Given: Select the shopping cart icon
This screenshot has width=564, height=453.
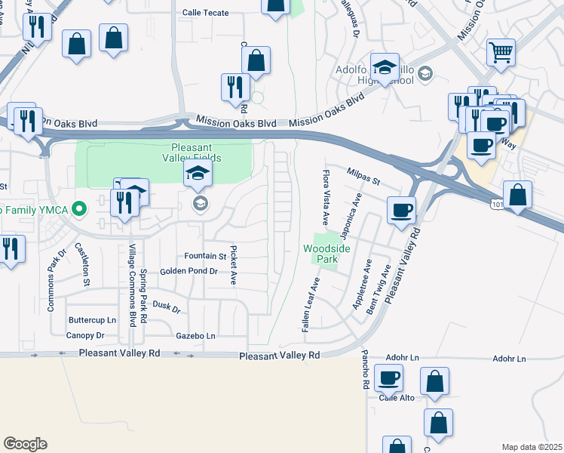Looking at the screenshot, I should click(501, 53).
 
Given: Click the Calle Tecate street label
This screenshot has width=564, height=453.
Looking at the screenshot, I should click(205, 13).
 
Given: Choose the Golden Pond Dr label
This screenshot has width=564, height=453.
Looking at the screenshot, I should click(189, 271).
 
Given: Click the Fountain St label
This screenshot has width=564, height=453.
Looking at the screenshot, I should click(201, 256).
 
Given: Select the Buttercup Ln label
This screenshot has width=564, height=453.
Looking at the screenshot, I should click(92, 320).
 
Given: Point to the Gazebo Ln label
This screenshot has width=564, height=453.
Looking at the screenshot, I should click(195, 336).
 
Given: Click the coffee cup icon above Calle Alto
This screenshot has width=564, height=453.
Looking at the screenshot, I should click(388, 377).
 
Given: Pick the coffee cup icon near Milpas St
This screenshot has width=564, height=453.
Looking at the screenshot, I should click(402, 209).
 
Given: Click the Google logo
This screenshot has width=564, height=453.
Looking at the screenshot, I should click(25, 443).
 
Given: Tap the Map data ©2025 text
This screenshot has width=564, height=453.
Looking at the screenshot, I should click(532, 447).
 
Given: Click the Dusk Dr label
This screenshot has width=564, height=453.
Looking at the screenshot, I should click(167, 308).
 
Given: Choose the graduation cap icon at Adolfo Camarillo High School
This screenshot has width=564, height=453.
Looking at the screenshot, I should click(385, 69).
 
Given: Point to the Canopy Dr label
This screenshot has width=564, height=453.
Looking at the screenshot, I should click(85, 335).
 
